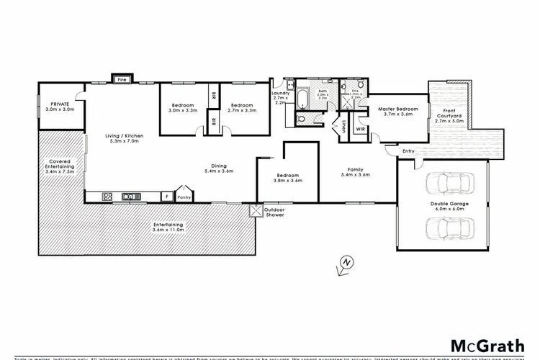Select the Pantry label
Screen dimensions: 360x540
pos(184,195)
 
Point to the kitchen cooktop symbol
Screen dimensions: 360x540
pos(109,196)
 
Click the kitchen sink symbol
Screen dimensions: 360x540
pos(132,196)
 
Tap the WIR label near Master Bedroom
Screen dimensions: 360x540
pos(359,130)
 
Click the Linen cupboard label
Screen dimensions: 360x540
pos(343,128)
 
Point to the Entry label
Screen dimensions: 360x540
pos(408,150)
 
